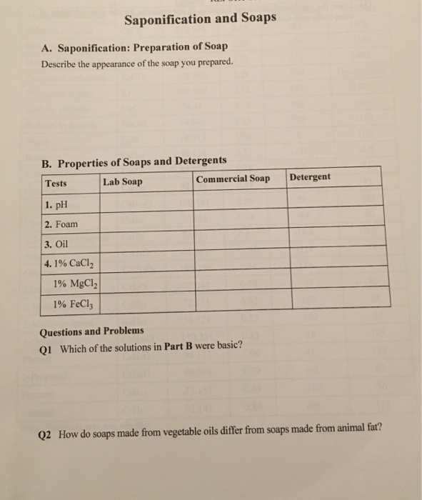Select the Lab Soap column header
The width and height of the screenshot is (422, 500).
pos(122,182)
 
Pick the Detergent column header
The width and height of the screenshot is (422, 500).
pos(310,176)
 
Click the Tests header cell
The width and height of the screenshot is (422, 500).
pos(56,184)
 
